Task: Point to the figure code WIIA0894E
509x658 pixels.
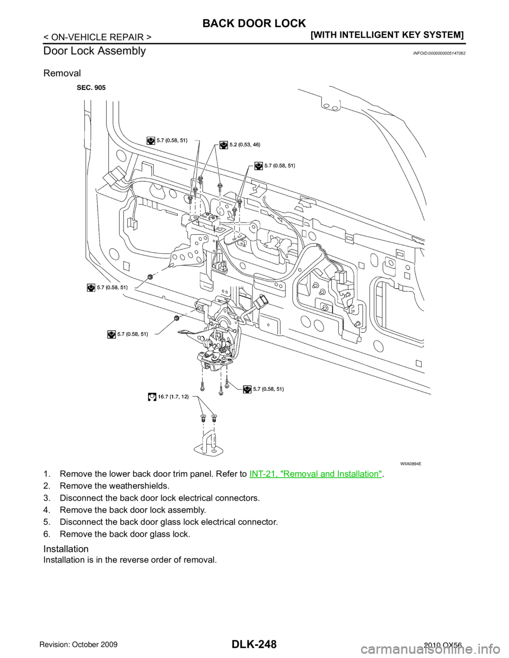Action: pyautogui.click(x=415, y=463)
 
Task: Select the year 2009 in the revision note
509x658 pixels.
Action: pyautogui.click(x=119, y=646)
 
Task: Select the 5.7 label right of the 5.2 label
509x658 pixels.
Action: pyautogui.click(x=279, y=166)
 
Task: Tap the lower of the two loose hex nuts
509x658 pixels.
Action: pyautogui.click(x=177, y=318)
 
